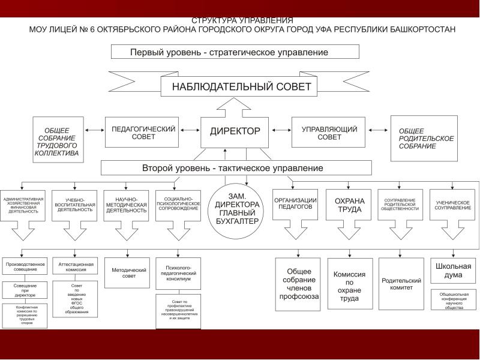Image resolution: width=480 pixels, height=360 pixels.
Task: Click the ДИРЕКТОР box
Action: [x=235, y=131]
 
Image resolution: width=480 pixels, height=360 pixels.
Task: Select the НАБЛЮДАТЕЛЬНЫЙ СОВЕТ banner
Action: [x=241, y=86]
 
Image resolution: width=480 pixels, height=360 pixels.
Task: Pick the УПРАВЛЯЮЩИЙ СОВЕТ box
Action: [x=329, y=133]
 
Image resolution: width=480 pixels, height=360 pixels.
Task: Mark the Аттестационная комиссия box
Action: [x=76, y=267]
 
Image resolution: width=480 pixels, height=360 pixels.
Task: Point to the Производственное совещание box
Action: [x=25, y=267]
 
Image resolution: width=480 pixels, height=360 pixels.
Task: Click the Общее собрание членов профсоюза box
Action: [x=298, y=284]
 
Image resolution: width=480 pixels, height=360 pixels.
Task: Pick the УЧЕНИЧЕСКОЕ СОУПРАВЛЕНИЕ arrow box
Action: [x=452, y=205]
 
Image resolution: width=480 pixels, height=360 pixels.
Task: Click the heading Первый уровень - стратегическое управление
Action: [x=235, y=52]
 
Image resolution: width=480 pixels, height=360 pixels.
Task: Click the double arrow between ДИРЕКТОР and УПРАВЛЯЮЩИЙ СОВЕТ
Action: [x=280, y=130]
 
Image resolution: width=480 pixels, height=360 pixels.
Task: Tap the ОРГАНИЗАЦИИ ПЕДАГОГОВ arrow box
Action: [x=296, y=203]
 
